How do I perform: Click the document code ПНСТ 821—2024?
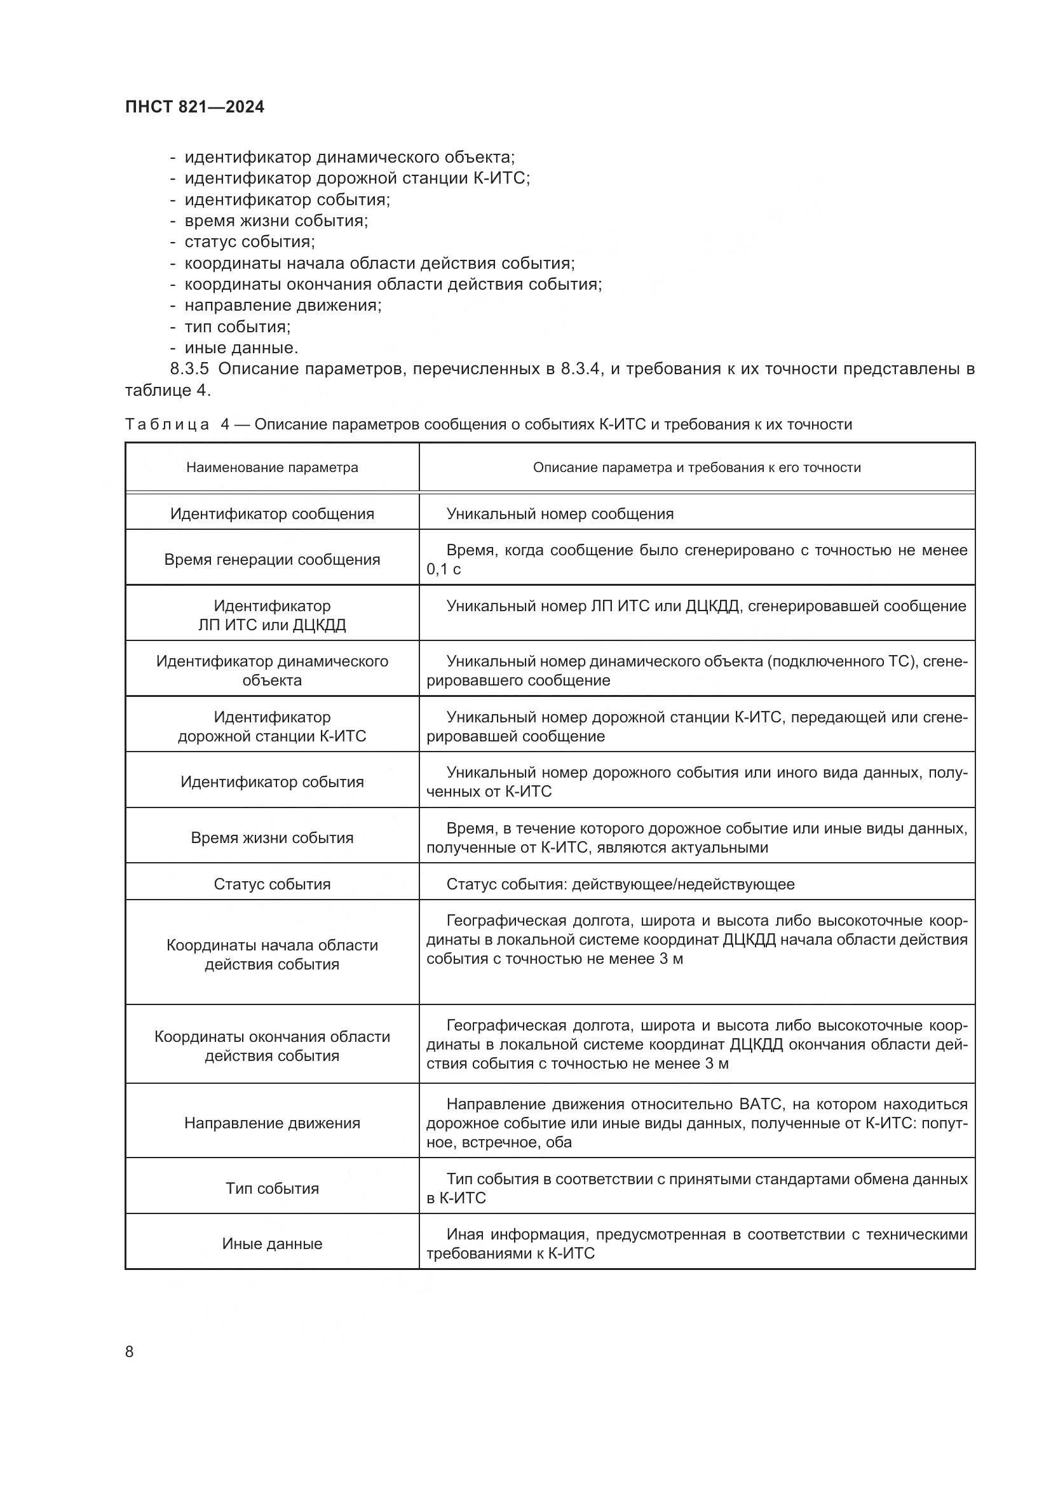[x=194, y=107]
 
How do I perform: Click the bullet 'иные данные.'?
[x=241, y=348]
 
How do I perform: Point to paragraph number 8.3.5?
[x=189, y=369]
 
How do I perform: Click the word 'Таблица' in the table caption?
[x=167, y=424]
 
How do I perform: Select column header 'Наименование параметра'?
[x=272, y=468]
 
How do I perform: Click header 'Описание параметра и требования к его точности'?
[x=696, y=468]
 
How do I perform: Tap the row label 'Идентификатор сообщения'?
[x=272, y=514]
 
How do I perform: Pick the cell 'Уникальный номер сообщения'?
[x=560, y=514]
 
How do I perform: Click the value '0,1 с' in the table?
[x=444, y=569]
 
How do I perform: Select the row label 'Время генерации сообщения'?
[x=272, y=560]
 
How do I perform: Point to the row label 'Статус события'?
[x=272, y=884]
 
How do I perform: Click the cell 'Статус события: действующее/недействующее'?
[x=620, y=884]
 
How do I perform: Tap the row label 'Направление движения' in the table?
[x=272, y=1123]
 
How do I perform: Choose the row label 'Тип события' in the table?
[x=272, y=1188]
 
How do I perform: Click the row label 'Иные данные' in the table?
[x=272, y=1244]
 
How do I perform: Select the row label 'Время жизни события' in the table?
[x=272, y=838]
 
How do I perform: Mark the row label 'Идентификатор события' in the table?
[x=272, y=782]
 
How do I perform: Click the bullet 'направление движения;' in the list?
[x=283, y=306]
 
